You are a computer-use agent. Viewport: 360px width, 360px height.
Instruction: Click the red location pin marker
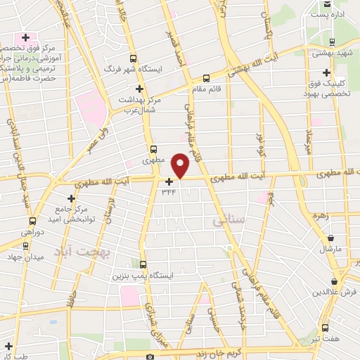tap(181, 165)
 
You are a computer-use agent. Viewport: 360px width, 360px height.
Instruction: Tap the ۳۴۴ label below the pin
tap(169, 191)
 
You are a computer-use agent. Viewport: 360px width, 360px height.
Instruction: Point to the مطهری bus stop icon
tap(154, 149)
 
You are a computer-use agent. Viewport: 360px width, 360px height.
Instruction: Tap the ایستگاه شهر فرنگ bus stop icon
tap(129, 60)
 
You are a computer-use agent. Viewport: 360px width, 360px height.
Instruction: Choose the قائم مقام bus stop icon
tap(206, 79)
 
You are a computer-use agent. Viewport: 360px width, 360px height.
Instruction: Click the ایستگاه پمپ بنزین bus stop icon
tap(143, 265)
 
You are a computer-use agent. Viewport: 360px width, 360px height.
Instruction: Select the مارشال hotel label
tap(328, 250)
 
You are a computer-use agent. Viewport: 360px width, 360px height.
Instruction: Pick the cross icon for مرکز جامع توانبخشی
tap(70, 200)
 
